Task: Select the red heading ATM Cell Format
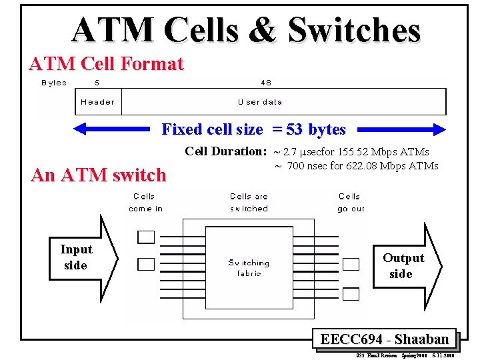pos(106,64)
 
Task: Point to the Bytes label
pos(54,83)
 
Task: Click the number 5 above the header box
pos(97,83)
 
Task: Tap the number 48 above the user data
pos(265,83)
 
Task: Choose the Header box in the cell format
pos(97,102)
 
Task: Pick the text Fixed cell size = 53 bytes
pos(253,129)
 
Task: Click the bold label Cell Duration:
pos(225,151)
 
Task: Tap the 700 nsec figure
pos(308,165)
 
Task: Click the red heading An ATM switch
pos(99,175)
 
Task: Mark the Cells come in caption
pos(145,203)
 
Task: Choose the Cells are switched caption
pos(249,203)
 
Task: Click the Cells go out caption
pos(351,203)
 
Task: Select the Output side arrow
pos(407,266)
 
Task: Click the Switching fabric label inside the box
pos(248,268)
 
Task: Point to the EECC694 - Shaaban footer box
pos(384,339)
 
